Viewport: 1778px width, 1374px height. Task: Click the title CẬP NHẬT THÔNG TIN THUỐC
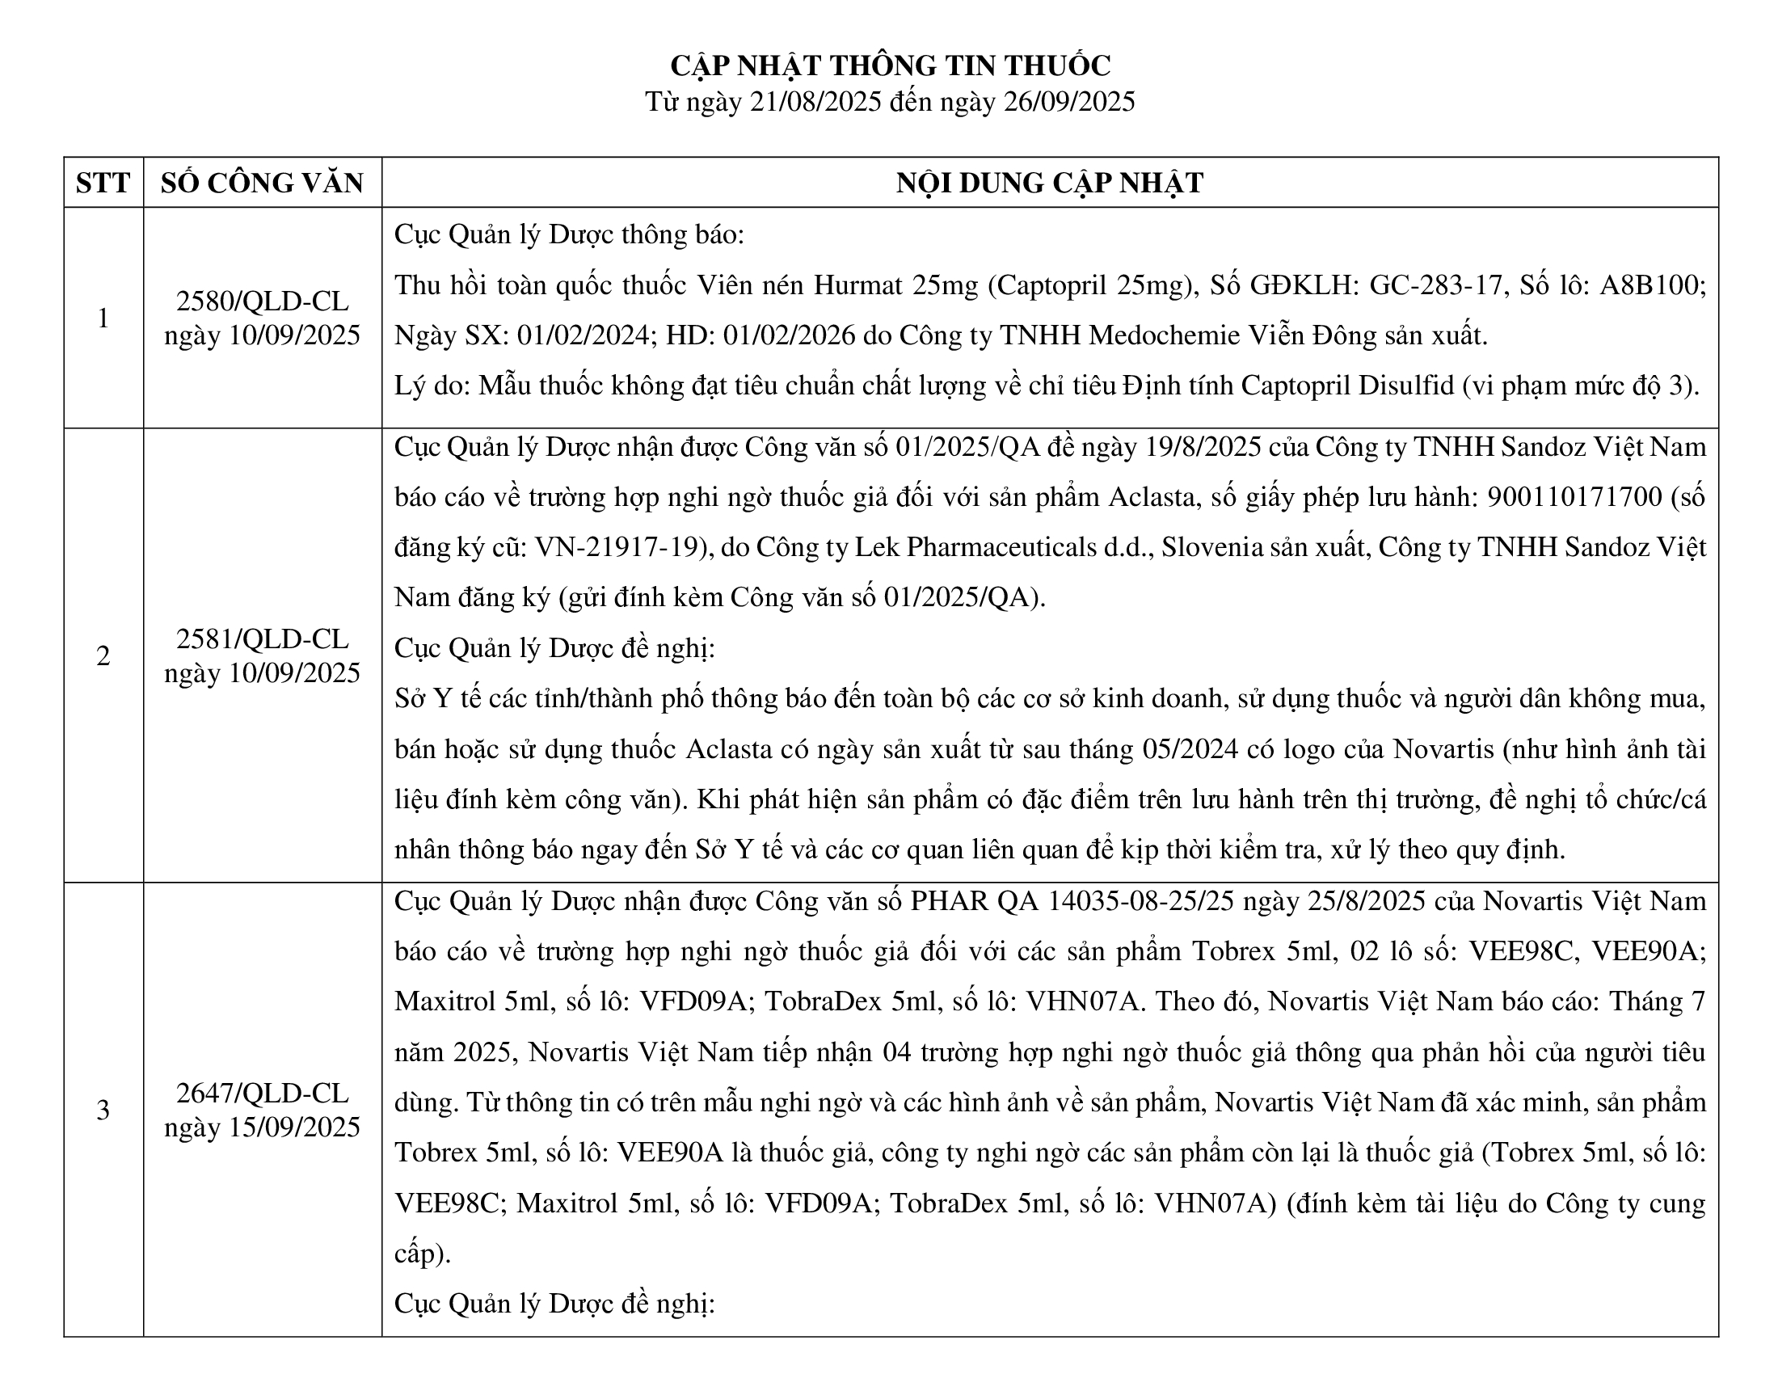[x=890, y=65]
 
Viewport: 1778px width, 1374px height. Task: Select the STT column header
[x=103, y=183]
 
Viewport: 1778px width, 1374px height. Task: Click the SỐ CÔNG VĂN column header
[x=262, y=183]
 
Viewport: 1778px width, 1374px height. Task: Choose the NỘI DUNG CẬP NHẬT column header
[x=1049, y=183]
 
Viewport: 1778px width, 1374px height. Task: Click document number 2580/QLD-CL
[x=262, y=301]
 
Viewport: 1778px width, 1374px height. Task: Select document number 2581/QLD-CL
[x=262, y=639]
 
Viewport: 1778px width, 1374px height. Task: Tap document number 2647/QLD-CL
[x=262, y=1094]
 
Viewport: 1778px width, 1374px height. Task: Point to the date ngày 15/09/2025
[x=262, y=1127]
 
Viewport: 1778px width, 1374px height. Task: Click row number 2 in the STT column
[x=103, y=656]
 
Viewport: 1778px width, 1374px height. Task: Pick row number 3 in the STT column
[x=103, y=1111]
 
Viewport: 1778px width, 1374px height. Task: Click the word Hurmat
[x=858, y=285]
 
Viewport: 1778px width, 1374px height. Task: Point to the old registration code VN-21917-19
[x=618, y=547]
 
